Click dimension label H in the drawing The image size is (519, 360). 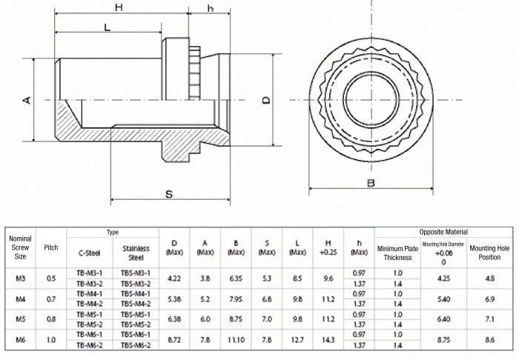pyautogui.click(x=119, y=7)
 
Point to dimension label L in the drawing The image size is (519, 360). pyautogui.click(x=108, y=27)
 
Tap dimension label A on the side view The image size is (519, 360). pyautogui.click(x=27, y=99)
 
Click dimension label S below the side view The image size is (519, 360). pyautogui.click(x=169, y=195)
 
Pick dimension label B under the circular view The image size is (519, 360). pyautogui.click(x=371, y=184)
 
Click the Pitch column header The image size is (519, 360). pyautogui.click(x=51, y=247)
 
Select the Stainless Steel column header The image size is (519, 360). pyautogui.click(x=136, y=253)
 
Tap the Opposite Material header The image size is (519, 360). pyautogui.click(x=443, y=232)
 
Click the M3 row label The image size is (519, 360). pyautogui.click(x=20, y=279)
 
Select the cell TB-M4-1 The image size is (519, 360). pyautogui.click(x=90, y=293)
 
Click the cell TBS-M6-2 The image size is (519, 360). pyautogui.click(x=136, y=345)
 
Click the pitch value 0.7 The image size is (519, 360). pyautogui.click(x=51, y=299)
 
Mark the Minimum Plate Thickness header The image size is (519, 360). pyautogui.click(x=397, y=253)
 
